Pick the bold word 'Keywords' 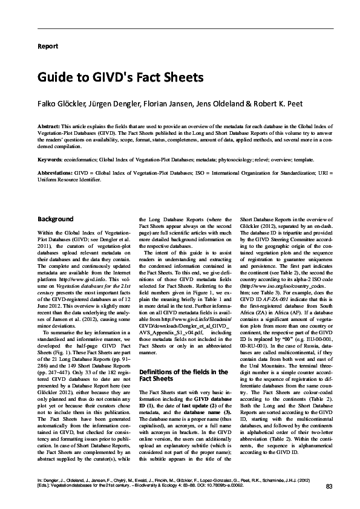tap(50, 160)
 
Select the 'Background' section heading tap(56, 219)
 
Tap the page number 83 tap(329, 487)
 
